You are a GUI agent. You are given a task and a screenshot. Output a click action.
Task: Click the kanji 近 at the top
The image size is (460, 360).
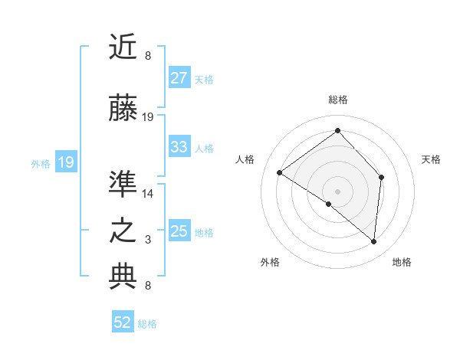coord(123,47)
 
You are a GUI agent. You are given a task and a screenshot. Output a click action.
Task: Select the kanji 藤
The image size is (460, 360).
coord(123,109)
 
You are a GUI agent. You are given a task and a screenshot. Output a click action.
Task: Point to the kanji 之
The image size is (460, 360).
coord(123,231)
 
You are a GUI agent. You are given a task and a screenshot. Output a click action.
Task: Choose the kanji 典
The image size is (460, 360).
coord(123,277)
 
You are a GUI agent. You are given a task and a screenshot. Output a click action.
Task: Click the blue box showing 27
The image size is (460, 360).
coord(179,78)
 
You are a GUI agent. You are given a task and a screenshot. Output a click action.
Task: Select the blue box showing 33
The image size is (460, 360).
coord(179,147)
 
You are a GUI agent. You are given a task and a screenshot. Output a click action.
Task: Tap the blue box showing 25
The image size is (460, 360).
coord(179,231)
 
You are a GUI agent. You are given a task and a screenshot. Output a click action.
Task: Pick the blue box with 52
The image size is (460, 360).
coord(123,322)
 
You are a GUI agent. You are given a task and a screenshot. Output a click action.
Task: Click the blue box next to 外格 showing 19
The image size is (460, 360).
coord(65,162)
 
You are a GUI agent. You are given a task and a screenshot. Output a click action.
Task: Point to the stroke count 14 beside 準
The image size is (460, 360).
coord(148,194)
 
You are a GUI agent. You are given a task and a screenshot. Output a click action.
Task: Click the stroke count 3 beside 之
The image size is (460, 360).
coord(148,240)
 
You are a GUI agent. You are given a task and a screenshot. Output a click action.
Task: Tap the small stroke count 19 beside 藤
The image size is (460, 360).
coord(148,117)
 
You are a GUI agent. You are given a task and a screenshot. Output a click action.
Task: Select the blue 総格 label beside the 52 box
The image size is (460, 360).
coord(147,324)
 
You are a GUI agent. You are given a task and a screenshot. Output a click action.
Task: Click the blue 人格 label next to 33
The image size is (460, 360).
coord(204,148)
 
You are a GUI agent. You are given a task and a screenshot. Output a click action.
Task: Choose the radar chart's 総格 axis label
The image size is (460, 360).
coord(337,100)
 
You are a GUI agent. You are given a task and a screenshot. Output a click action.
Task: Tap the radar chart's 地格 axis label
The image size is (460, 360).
coord(402,262)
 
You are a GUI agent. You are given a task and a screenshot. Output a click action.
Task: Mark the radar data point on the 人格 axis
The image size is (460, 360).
coord(280,173)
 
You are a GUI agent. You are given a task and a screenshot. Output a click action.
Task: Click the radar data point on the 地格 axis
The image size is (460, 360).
coord(373,241)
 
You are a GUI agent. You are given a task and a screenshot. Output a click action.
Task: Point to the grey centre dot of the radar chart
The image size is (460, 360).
coord(337,191)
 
